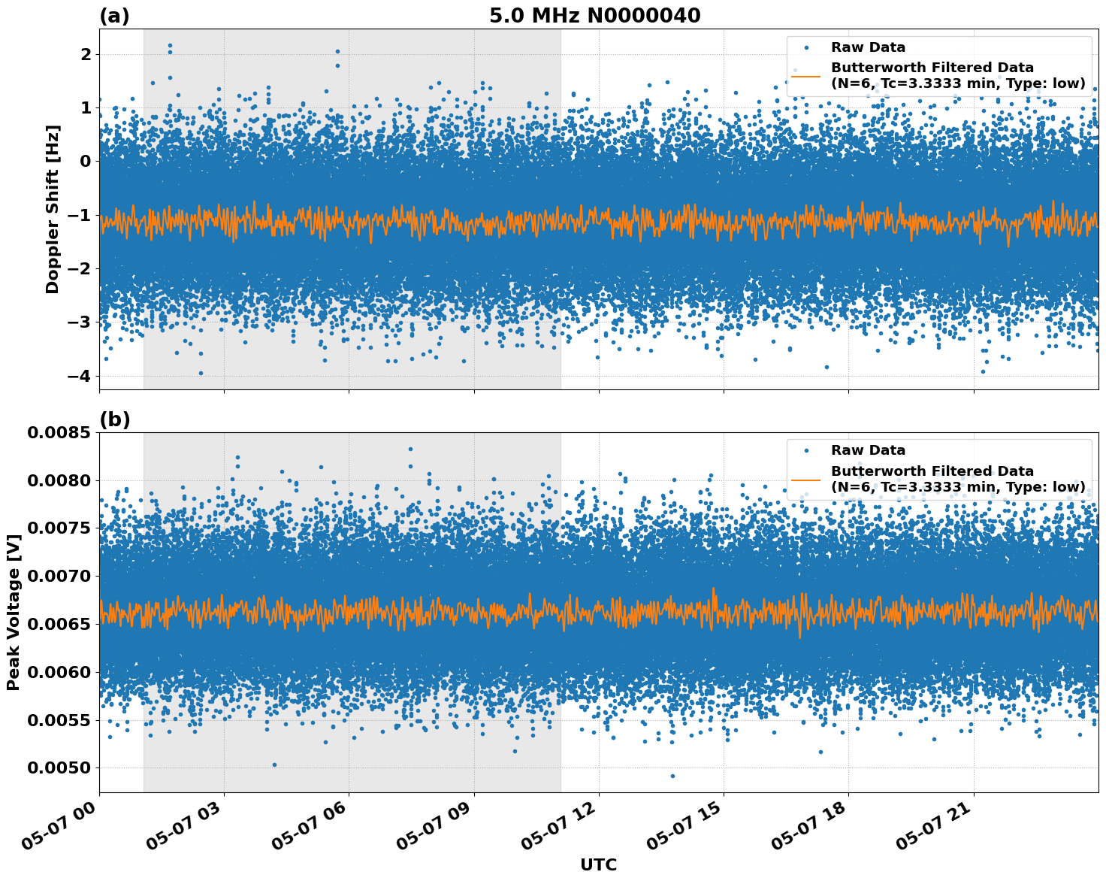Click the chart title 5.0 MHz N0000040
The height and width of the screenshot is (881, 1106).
click(x=594, y=15)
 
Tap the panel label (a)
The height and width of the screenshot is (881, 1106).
click(x=114, y=16)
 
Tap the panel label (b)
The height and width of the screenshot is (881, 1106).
click(x=114, y=419)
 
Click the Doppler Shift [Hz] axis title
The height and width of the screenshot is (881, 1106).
click(x=52, y=209)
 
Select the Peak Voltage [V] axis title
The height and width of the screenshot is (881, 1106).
click(x=13, y=613)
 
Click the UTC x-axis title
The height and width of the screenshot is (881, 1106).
click(x=598, y=864)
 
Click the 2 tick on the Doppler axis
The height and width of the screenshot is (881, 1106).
click(x=86, y=54)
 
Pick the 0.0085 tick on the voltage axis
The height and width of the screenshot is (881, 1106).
click(x=58, y=432)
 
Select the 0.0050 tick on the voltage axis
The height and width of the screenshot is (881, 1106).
click(x=58, y=768)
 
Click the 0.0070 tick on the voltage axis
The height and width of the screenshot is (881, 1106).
click(x=58, y=577)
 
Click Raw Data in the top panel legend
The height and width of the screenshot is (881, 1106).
click(x=868, y=47)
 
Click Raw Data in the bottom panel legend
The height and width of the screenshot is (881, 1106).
click(x=868, y=450)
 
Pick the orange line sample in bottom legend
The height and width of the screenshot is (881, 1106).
click(x=805, y=479)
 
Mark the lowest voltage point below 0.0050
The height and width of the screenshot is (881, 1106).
click(x=672, y=776)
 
